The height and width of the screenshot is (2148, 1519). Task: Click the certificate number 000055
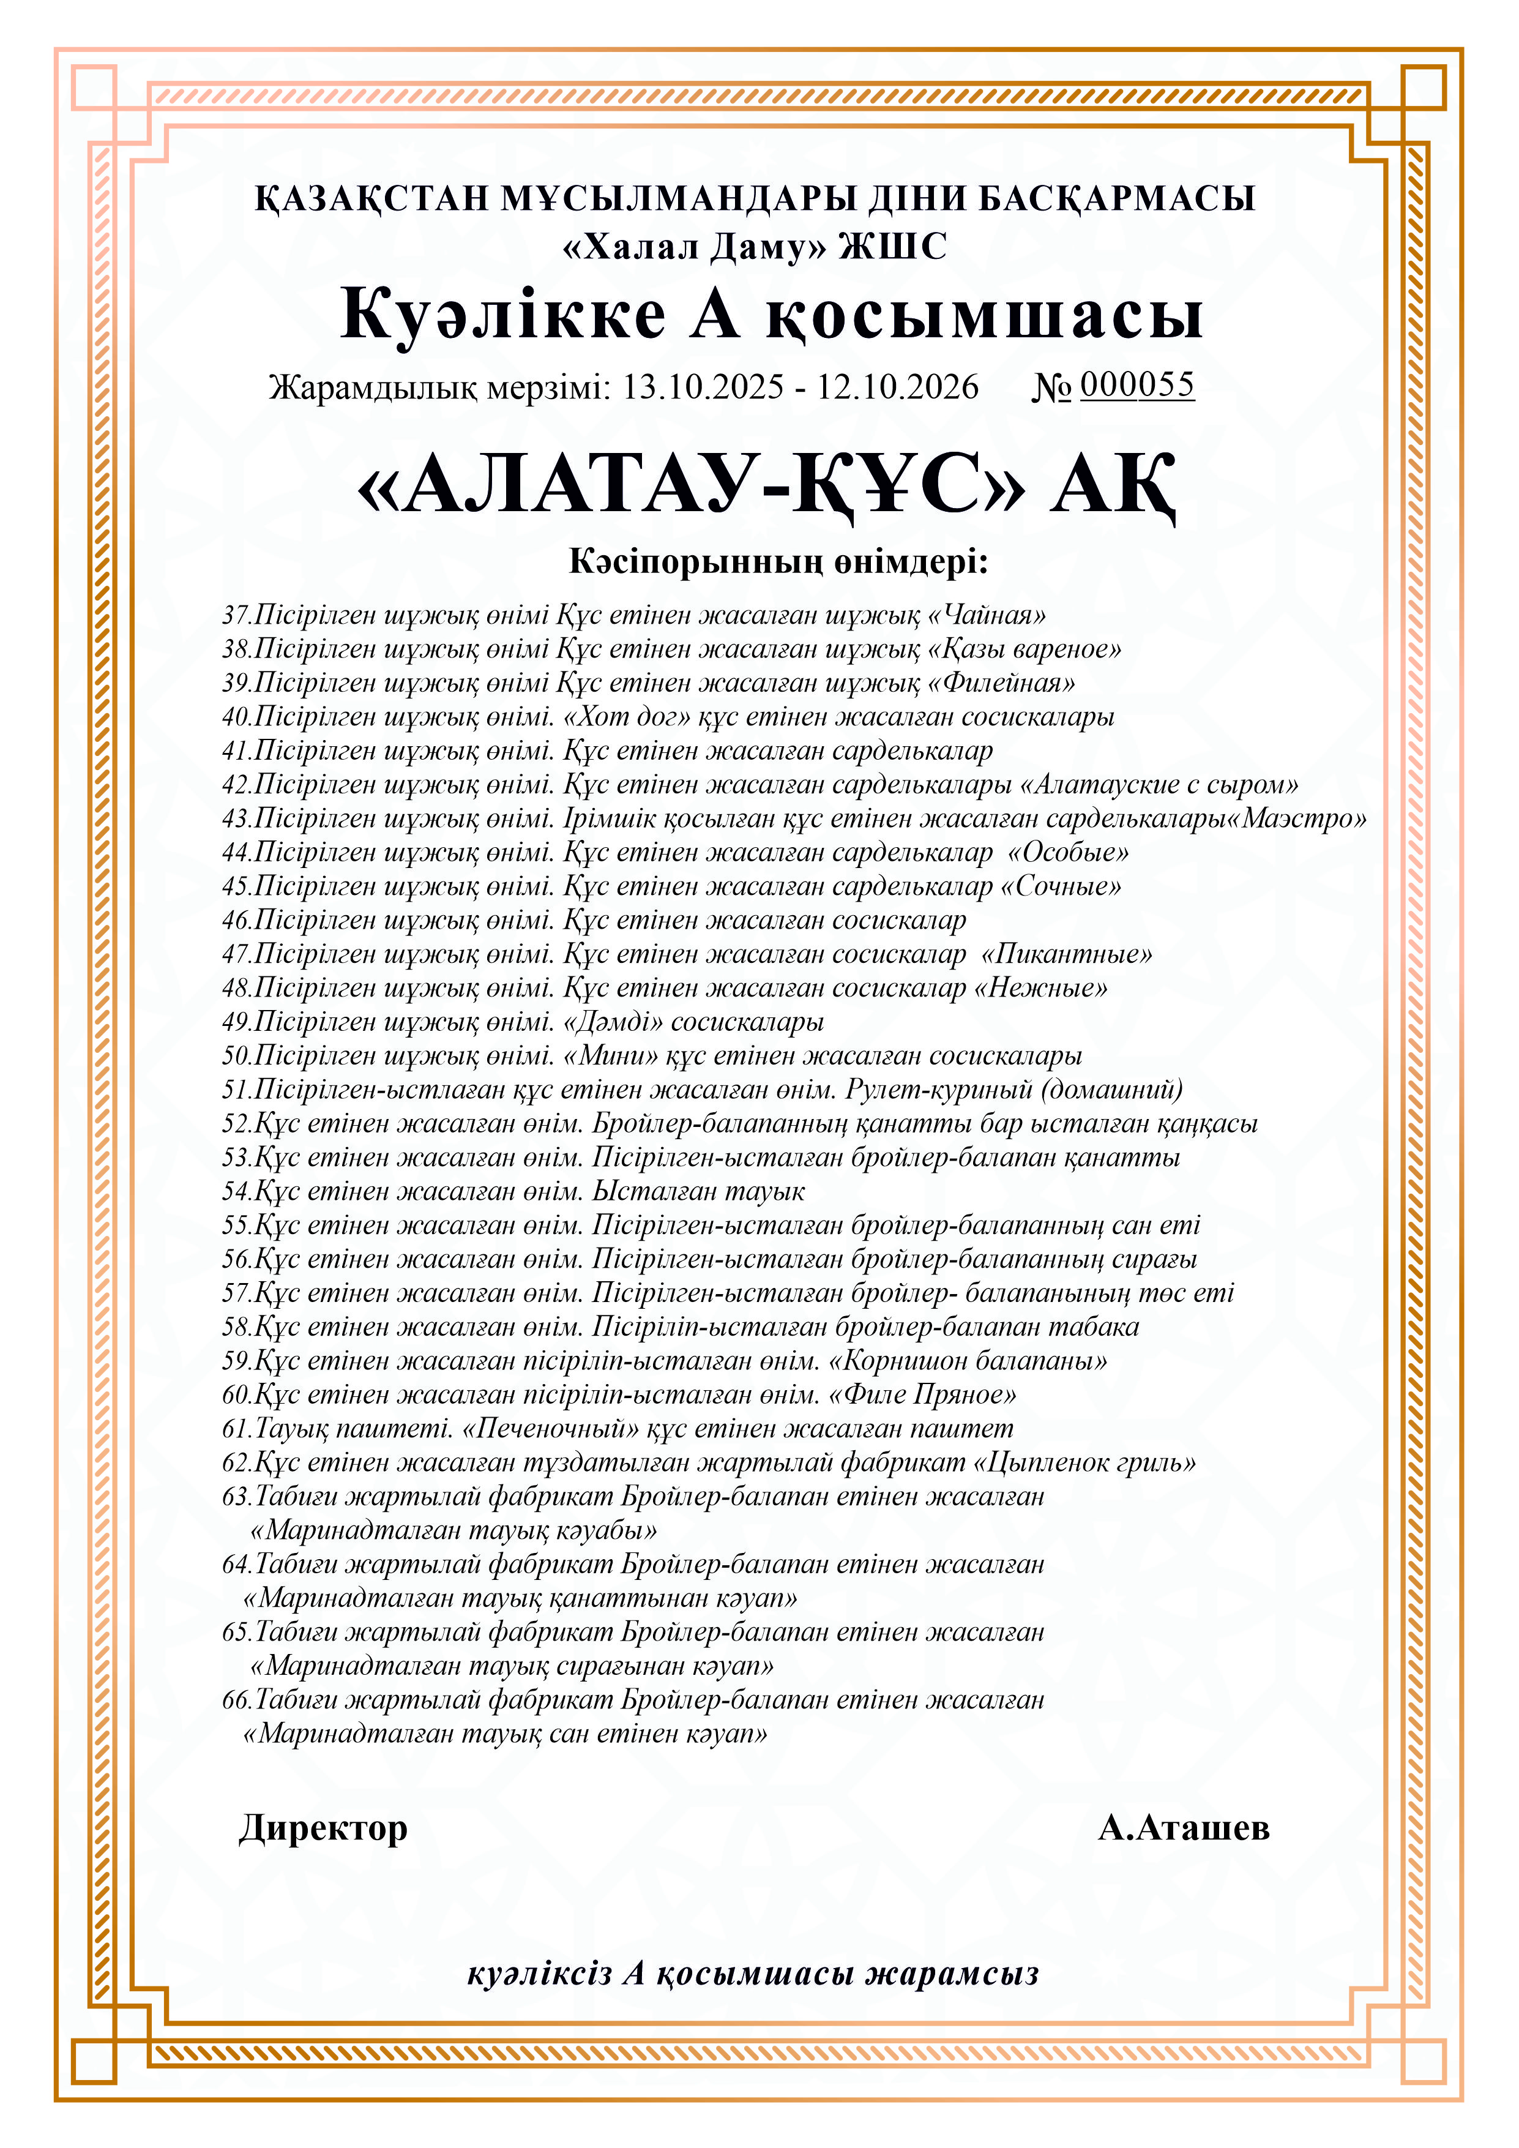(x=1136, y=384)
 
